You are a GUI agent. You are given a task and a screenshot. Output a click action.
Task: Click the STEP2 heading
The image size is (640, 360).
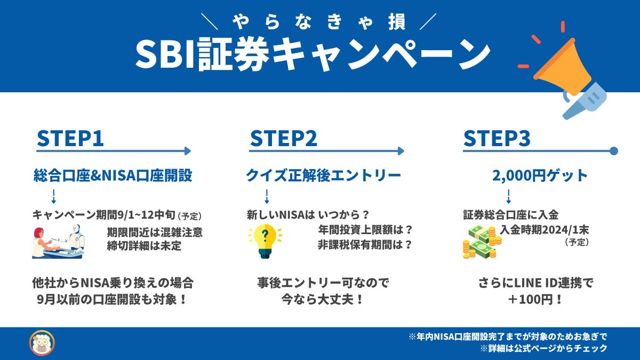pos(283,138)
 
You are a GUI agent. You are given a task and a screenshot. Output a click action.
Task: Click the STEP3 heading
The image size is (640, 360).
pos(497,138)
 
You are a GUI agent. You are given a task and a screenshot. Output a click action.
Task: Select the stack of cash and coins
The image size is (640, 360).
pos(482,242)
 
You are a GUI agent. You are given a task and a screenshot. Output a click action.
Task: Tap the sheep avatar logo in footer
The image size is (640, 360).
pos(42,343)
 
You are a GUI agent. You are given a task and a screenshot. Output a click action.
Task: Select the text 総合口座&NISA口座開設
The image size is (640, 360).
pos(113,175)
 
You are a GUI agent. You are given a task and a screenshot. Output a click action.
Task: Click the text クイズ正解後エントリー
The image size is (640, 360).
pos(323,175)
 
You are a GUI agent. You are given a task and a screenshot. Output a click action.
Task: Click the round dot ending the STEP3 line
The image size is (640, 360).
pos(613,151)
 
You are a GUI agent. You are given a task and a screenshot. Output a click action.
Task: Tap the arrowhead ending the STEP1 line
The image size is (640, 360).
pos(187,151)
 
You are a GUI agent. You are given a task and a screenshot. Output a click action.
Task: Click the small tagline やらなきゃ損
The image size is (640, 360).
pos(319,21)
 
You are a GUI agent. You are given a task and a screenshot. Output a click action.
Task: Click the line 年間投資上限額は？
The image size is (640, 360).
pos(365,230)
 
